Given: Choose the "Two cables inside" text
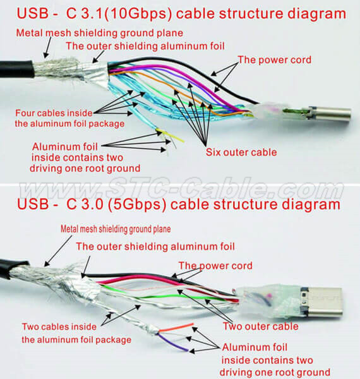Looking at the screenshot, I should (61, 327).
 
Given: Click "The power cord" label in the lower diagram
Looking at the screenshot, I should (215, 265).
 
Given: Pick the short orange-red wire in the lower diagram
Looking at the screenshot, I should (177, 327).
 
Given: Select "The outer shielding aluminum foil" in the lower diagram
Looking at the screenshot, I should (155, 246).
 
